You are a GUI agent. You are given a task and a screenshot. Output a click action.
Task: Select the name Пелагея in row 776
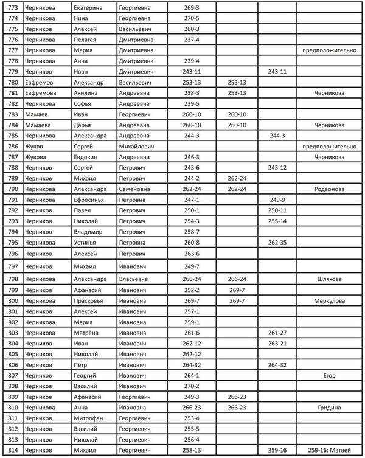(x=86, y=40)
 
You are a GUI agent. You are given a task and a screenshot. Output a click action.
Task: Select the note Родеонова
(x=330, y=189)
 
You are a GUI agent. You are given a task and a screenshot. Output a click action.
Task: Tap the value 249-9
(x=277, y=200)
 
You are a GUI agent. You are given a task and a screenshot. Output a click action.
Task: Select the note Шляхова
(x=330, y=279)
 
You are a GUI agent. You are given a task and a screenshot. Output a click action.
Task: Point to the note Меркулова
(x=330, y=300)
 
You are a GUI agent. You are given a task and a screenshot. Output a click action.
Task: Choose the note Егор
(x=330, y=375)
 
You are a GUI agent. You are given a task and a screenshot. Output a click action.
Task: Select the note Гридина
(x=330, y=408)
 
